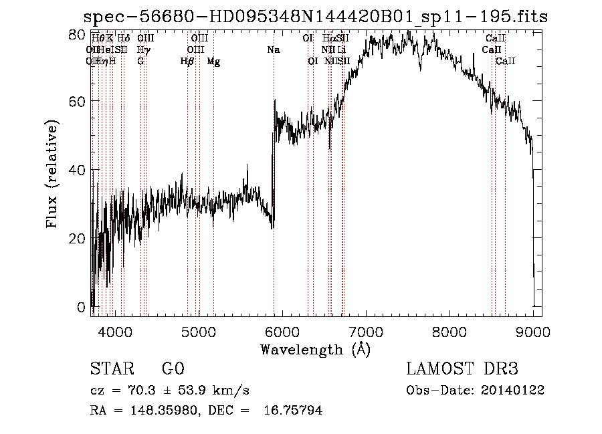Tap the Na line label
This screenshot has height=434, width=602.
[274, 49]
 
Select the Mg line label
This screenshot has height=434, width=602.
[213, 62]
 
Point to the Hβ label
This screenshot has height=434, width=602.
[187, 62]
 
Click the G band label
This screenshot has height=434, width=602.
[140, 62]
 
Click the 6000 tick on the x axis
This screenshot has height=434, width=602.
[283, 332]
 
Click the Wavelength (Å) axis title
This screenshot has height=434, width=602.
[315, 349]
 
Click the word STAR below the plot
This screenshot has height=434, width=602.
[110, 369]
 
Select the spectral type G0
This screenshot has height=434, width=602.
[173, 369]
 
